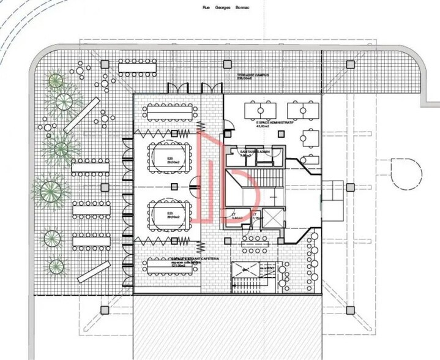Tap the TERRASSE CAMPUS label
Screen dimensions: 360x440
point(253,76)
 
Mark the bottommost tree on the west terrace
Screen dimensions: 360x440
point(56,266)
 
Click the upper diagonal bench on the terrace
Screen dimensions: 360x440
point(81,115)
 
